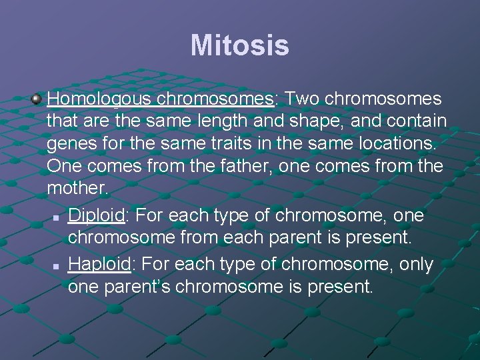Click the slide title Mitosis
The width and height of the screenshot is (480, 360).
239,46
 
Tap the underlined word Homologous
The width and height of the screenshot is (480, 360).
100,99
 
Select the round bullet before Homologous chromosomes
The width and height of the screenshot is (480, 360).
37,99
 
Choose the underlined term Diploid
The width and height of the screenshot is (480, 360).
95,216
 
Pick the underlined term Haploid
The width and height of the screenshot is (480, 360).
99,264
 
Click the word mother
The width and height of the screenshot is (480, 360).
77,187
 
